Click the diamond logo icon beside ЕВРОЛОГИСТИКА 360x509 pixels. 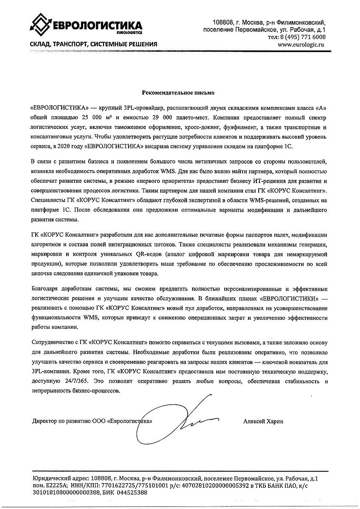(x=40, y=25)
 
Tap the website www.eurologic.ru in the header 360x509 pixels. (x=301, y=44)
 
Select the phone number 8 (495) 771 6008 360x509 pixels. (x=301, y=37)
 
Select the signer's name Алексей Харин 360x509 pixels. (x=263, y=421)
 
